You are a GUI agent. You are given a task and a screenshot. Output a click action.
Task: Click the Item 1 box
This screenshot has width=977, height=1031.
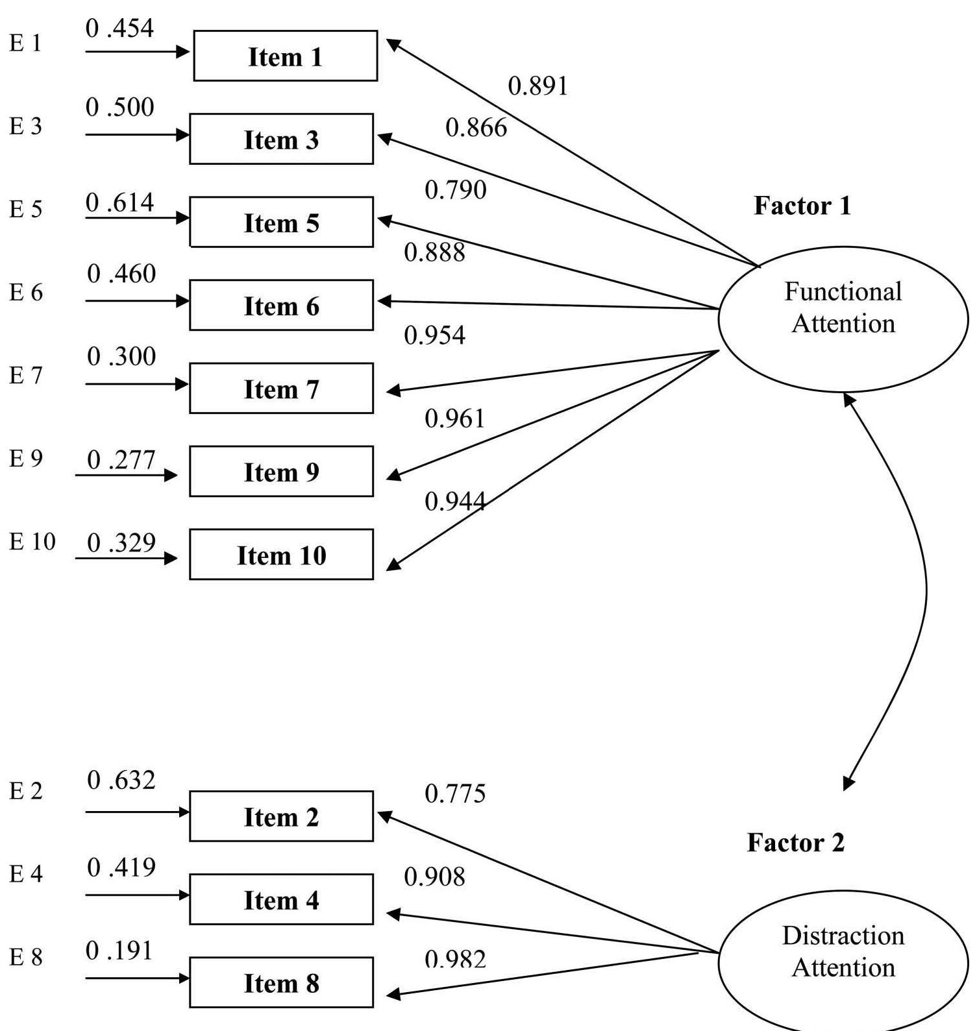(285, 56)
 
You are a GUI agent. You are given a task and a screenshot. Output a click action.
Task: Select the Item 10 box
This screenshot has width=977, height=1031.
(281, 555)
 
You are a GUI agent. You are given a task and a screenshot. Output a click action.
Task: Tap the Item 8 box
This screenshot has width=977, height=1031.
(281, 982)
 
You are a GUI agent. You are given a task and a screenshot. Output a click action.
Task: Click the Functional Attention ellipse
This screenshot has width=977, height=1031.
(843, 319)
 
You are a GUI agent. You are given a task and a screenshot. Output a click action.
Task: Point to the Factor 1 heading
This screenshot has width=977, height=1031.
(802, 206)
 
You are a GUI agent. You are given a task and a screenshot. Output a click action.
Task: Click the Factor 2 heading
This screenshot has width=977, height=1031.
(795, 843)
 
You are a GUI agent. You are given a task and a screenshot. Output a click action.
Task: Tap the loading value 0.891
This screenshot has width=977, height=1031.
(538, 86)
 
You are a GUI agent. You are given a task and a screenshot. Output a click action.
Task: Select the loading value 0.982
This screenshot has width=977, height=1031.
(455, 959)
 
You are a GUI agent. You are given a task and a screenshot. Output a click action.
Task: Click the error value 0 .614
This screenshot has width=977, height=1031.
(120, 203)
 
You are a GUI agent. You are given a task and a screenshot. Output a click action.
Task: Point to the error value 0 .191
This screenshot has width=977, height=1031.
(120, 951)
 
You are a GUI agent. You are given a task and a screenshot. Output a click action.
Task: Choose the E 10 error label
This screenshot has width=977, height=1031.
(32, 541)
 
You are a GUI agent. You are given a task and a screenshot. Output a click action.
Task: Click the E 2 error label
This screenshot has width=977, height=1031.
(26, 790)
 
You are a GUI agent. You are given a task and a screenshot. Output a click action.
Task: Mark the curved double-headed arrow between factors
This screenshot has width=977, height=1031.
(925, 590)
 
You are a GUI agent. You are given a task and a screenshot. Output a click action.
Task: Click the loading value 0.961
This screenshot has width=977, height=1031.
(455, 418)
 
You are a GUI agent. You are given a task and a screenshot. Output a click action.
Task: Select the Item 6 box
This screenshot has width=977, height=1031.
(281, 306)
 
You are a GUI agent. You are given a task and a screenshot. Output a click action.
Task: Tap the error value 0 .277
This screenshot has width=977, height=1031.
(121, 460)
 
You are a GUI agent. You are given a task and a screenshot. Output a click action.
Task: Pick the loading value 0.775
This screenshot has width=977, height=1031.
(455, 794)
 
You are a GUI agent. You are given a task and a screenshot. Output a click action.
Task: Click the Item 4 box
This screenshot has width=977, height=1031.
(281, 899)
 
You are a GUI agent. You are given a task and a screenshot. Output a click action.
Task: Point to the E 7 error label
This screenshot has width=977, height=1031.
(26, 375)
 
